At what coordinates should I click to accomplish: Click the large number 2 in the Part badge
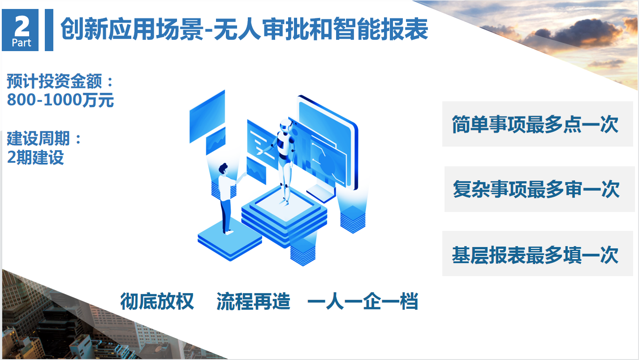coord(22,26)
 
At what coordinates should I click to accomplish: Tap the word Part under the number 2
coord(22,43)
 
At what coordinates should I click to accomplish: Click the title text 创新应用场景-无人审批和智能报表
coord(244,29)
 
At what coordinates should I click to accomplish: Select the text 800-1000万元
coord(60,100)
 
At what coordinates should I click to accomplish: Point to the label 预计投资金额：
coord(60,81)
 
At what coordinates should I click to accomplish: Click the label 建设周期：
coord(44,139)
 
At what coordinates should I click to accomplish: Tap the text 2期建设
coord(35,157)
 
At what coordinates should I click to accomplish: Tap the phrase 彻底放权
coord(157,301)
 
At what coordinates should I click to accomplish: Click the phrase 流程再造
coord(253,301)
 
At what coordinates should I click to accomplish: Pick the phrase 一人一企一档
coord(363,301)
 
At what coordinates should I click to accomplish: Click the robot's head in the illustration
coord(285,126)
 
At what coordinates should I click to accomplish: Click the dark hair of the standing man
coord(223,168)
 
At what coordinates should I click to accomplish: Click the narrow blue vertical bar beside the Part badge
coord(49,30)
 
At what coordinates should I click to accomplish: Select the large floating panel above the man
coord(207,116)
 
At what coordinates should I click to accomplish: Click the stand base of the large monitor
coord(321,193)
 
